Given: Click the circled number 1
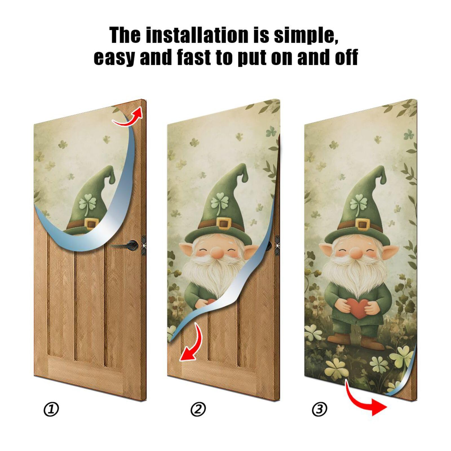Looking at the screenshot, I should click(x=51, y=409).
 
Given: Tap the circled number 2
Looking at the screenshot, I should click(x=198, y=409).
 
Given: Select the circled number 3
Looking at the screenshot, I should click(x=319, y=409).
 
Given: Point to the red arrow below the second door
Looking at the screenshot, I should click(x=192, y=344).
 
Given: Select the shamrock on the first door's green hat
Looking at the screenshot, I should click(x=88, y=204).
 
